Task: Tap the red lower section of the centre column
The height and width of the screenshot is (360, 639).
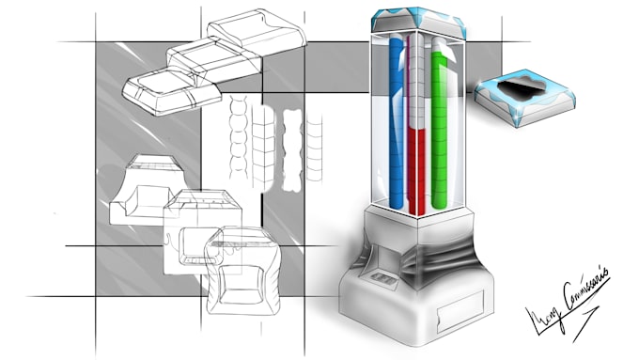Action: coord(417,169)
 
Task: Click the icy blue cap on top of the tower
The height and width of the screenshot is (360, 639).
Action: coord(418,22)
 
